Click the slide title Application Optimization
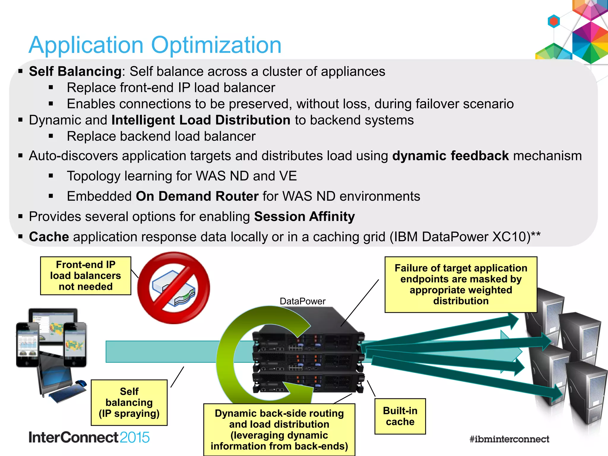pos(155,45)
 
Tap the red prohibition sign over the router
pos(174,288)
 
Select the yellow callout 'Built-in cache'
pos(400,416)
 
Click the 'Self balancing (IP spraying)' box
pos(129,402)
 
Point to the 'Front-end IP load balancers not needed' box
pos(85,275)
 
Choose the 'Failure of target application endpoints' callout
pos(461,284)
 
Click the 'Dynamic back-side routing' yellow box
pos(279,429)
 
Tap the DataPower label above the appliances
pos(302,301)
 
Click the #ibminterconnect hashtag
pos(509,439)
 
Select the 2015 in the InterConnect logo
pos(135,438)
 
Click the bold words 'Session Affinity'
pos(304,216)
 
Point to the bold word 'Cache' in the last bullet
pos(49,237)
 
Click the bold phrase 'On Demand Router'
pos(197,196)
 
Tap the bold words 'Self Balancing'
pos(75,72)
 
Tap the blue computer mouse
pos(81,383)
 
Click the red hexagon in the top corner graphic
pos(554,21)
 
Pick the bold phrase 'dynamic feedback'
pos(450,156)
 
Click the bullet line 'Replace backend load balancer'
pos(161,136)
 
